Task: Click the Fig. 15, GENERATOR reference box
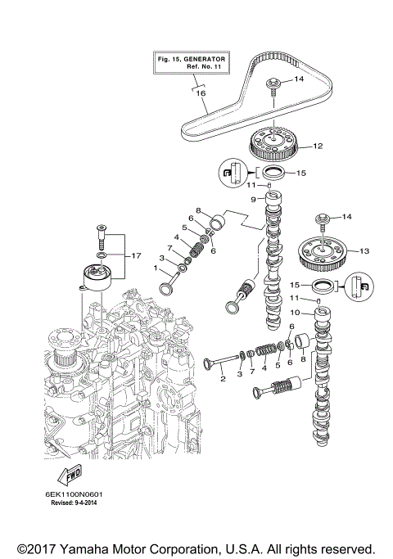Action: pyautogui.click(x=192, y=63)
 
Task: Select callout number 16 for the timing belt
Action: pyautogui.click(x=199, y=94)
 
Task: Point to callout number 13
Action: pyautogui.click(x=365, y=250)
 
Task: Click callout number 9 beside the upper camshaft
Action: pyautogui.click(x=254, y=199)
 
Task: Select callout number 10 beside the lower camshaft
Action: pyautogui.click(x=306, y=312)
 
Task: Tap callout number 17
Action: pyautogui.click(x=136, y=255)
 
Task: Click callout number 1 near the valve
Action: pyautogui.click(x=156, y=268)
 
